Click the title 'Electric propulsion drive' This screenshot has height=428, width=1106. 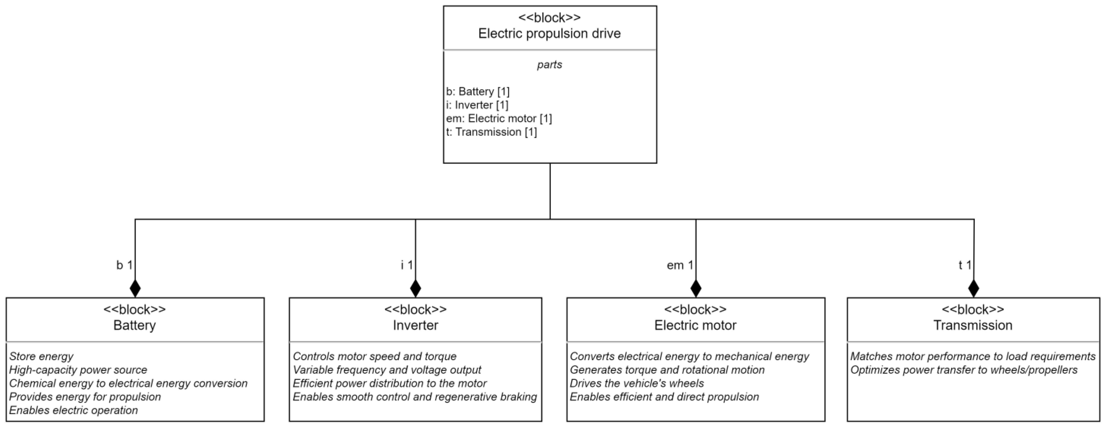coord(549,33)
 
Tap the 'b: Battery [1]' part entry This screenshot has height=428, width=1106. coord(478,91)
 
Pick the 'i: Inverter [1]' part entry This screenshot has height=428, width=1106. coord(477,105)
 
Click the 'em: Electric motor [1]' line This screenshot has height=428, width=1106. coord(499,119)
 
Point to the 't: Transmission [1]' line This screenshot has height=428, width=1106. coord(491,132)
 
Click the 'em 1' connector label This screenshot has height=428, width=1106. coord(680,265)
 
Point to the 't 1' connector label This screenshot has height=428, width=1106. coord(965,265)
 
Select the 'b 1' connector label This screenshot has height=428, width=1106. coord(124,265)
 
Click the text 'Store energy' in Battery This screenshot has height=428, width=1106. coord(41,356)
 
